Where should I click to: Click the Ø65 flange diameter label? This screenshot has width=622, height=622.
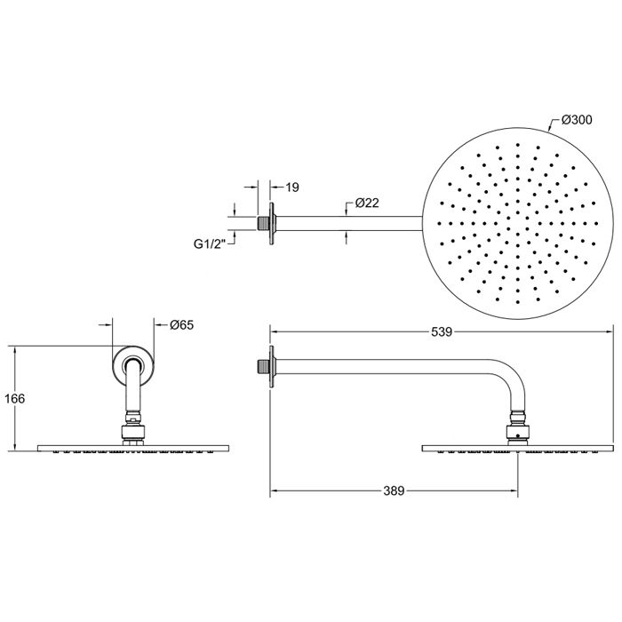[x=182, y=325]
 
